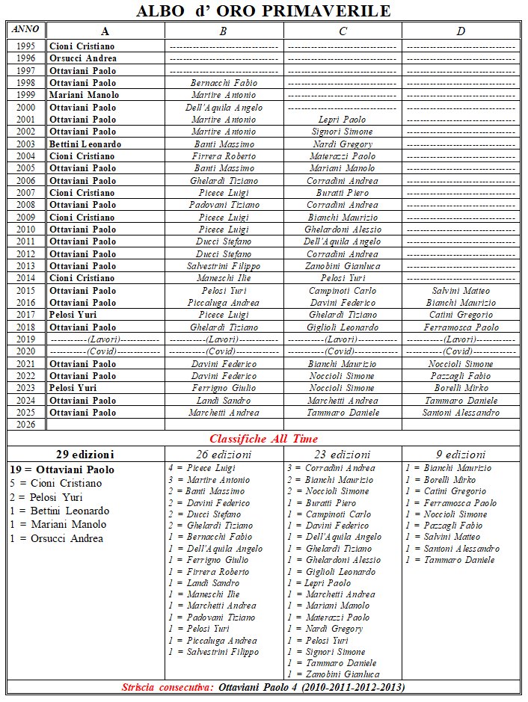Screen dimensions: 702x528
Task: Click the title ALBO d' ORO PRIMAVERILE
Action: tap(264, 10)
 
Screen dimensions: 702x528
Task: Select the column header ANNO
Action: tap(26, 29)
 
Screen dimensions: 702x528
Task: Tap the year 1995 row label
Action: tap(26, 46)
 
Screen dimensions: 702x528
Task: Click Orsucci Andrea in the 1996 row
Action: tap(82, 58)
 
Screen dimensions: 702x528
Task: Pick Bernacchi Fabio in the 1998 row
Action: tap(224, 83)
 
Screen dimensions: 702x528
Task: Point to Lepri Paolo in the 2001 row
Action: tap(343, 120)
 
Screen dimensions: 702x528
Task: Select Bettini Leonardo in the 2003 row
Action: tap(85, 144)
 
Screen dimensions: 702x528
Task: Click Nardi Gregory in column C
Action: tap(343, 144)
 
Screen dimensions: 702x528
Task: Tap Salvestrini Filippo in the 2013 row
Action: tap(224, 266)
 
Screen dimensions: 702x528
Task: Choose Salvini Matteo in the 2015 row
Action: tap(461, 291)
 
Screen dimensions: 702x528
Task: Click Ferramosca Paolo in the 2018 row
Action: tap(461, 327)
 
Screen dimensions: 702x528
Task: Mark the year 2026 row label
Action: tap(26, 425)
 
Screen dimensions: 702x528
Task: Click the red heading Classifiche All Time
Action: tap(264, 439)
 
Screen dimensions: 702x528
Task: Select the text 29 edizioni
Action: tap(85, 455)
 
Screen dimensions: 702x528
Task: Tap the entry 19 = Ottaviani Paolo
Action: tap(63, 469)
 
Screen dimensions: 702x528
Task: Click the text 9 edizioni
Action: tap(461, 455)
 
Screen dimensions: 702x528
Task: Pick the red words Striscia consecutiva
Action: tap(168, 687)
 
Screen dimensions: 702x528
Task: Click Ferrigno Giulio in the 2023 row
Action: tap(224, 389)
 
